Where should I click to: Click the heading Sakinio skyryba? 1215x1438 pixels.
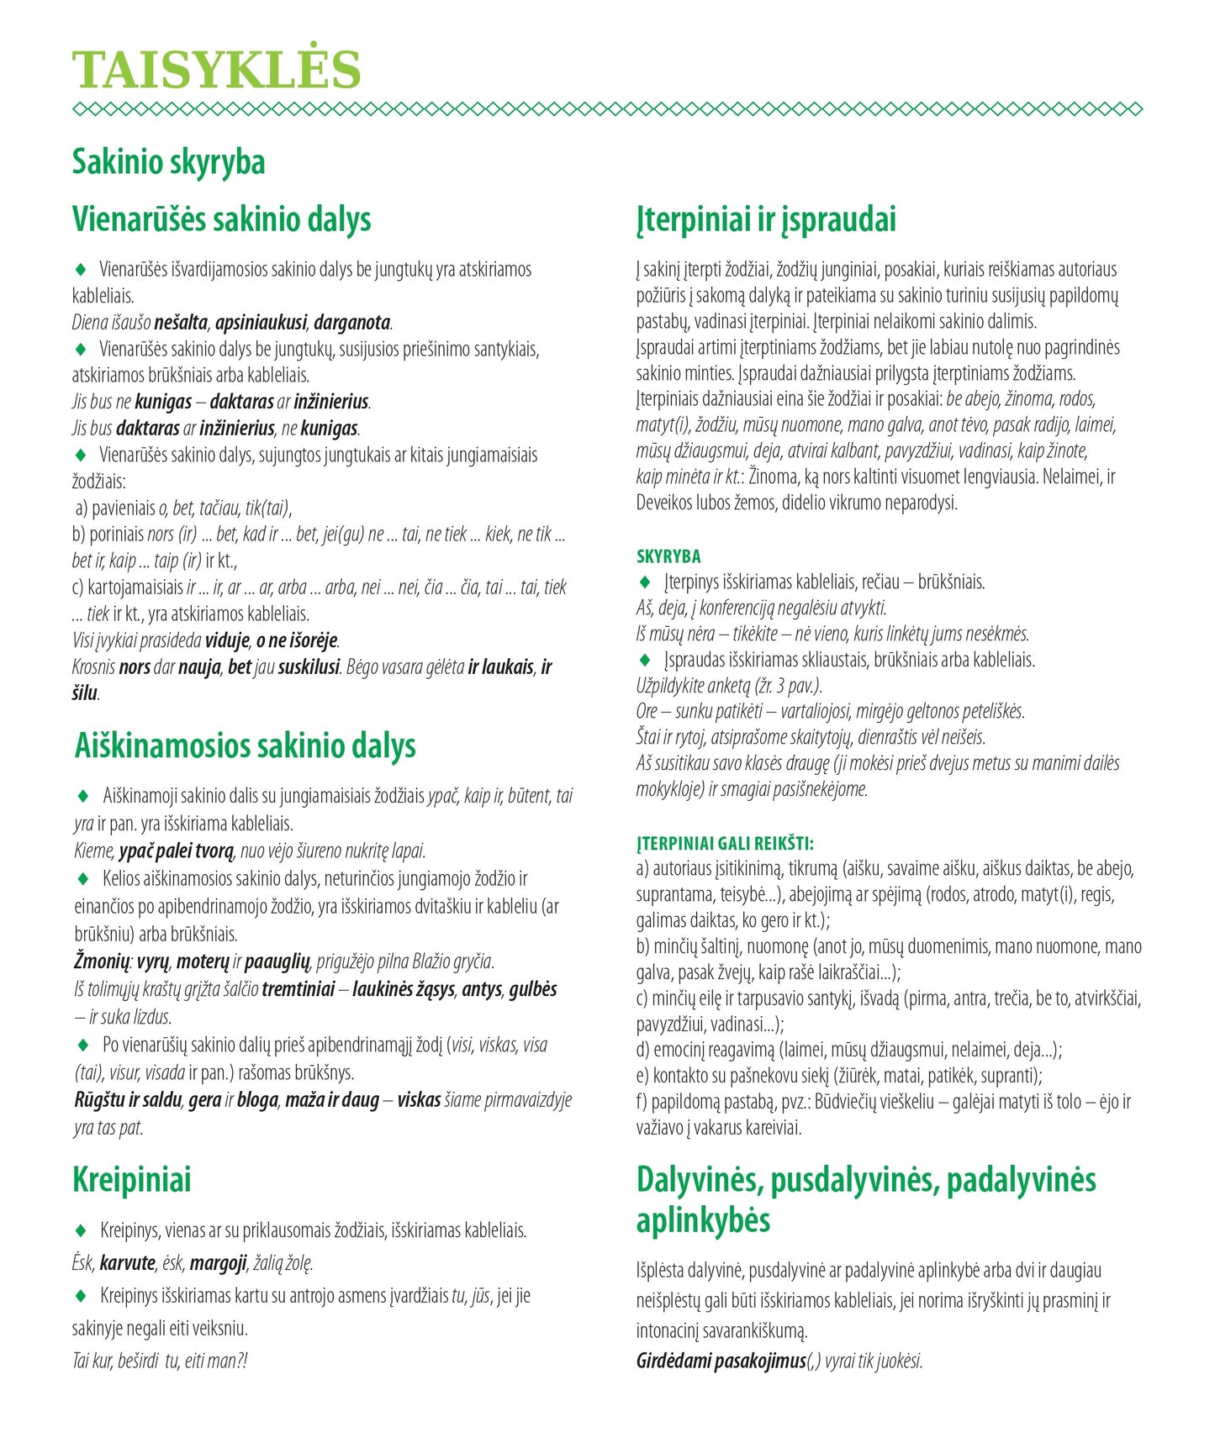tap(168, 162)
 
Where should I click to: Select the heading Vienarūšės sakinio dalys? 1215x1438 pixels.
tap(221, 219)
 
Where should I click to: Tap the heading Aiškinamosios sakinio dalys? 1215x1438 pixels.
tap(245, 745)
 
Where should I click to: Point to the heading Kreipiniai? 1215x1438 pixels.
tap(132, 1179)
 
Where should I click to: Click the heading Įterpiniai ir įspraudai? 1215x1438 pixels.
tap(766, 219)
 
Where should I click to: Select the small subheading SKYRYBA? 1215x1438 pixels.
tap(668, 556)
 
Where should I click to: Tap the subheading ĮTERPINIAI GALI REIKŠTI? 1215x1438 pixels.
tap(725, 843)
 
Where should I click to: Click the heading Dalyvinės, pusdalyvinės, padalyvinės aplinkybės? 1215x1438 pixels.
tap(866, 1199)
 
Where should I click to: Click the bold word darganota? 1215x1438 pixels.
tap(353, 323)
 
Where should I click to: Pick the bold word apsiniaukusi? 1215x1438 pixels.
tap(261, 323)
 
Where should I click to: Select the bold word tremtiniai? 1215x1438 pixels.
tap(298, 989)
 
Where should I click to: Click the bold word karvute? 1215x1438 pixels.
tap(128, 1262)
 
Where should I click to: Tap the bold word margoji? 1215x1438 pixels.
tap(218, 1262)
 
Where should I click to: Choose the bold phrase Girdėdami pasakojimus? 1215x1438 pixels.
tap(721, 1361)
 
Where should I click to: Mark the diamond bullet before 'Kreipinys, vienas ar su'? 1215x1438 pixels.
tap(82, 1230)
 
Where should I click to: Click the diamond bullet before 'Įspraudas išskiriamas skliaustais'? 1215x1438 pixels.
tap(645, 660)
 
